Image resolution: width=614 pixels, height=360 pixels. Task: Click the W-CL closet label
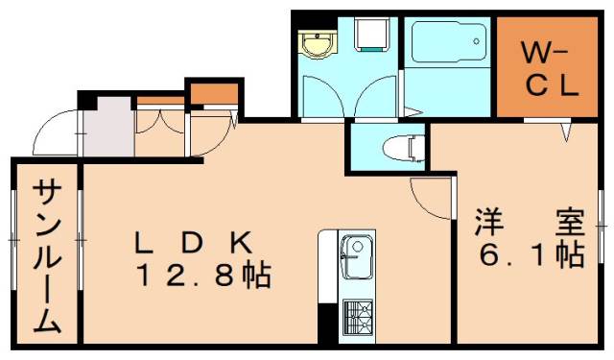[548, 66]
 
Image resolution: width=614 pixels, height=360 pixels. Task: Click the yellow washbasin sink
[316, 44]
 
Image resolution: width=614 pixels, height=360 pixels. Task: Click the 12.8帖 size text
[201, 278]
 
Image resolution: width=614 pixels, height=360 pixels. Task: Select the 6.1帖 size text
[532, 255]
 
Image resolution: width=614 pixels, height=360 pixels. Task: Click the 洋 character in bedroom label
[488, 222]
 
